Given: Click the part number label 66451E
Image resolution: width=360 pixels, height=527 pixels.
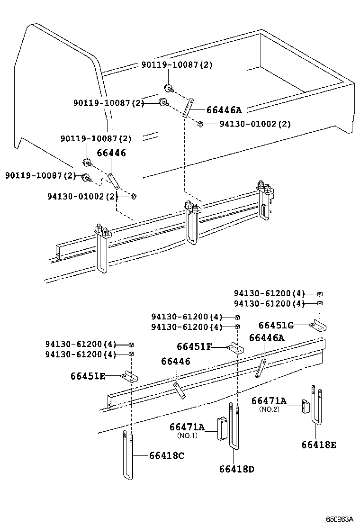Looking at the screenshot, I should point(88,376).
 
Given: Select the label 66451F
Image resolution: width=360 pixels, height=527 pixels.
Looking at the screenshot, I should point(194,347).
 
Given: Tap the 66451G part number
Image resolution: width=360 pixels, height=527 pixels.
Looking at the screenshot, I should point(276,325).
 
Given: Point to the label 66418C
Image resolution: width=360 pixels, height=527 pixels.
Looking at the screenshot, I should point(166,455).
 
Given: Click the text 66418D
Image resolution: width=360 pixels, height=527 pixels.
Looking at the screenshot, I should point(237,469).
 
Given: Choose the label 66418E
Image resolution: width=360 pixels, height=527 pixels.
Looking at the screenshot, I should point(319,445).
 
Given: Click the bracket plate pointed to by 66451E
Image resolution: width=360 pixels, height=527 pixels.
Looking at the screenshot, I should point(128,376).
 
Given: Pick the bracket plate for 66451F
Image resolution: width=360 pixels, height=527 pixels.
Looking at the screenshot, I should point(235,349).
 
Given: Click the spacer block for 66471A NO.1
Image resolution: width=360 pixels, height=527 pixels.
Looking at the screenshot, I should point(222,429).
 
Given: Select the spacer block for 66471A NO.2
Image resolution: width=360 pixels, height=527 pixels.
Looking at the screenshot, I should point(306,407).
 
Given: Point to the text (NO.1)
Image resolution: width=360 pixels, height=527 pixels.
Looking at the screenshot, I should point(188,435).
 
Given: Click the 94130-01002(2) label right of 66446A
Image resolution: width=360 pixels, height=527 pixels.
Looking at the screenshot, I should point(255,124).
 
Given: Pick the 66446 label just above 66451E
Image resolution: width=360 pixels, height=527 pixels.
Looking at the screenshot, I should point(175,362).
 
